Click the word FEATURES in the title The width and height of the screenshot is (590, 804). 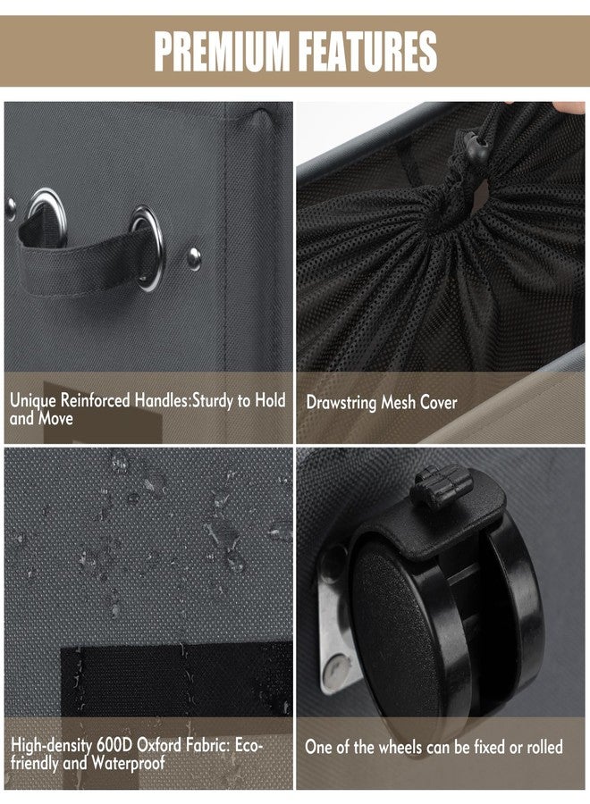tap(367, 51)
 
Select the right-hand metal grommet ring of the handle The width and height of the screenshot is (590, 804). tap(147, 248)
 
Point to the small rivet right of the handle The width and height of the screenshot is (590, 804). tap(194, 258)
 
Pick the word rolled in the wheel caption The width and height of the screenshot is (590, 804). tap(544, 747)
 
